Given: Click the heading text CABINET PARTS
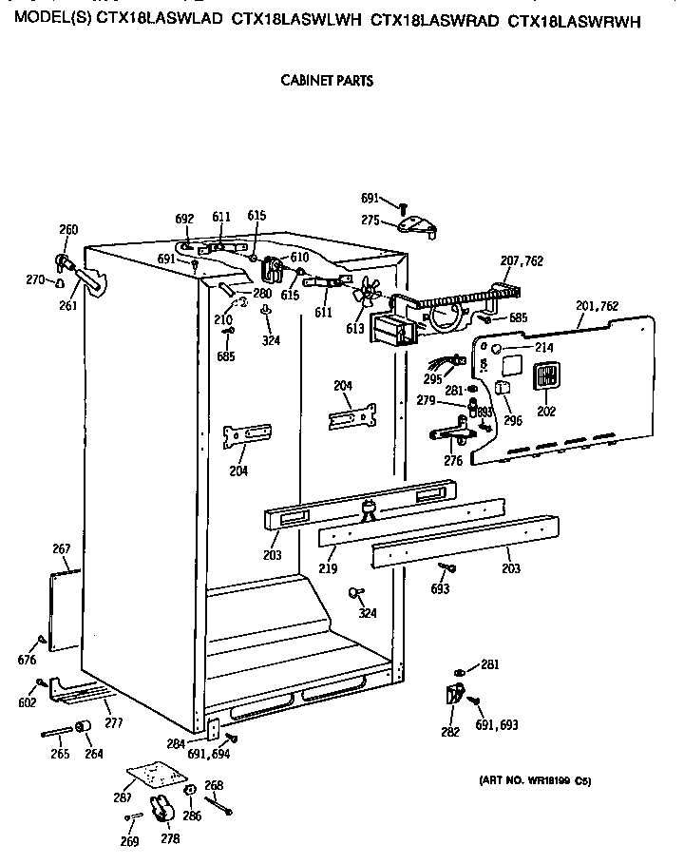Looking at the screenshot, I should [x=326, y=81].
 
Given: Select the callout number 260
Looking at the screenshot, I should [x=68, y=229].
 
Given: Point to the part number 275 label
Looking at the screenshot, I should [x=370, y=221].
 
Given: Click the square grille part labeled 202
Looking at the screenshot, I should [x=545, y=378].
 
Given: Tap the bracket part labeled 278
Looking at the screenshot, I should [x=161, y=811].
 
